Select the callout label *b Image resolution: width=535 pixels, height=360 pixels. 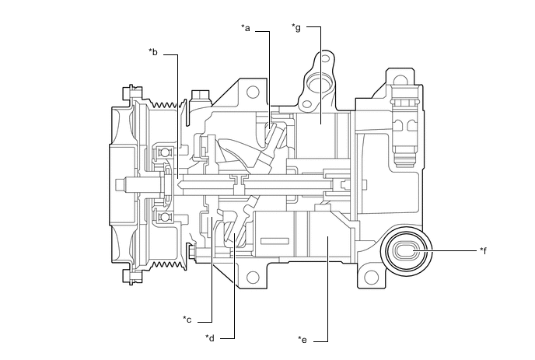[153, 53]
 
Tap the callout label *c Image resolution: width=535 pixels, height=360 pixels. [187, 319]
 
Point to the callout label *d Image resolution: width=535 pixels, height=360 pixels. [210, 337]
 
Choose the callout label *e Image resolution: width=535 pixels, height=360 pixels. [302, 339]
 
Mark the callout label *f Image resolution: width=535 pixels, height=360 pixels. [485, 250]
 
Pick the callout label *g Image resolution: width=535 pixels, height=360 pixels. [295, 28]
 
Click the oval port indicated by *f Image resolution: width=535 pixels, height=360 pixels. [407, 252]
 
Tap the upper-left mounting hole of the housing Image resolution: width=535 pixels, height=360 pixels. [252, 92]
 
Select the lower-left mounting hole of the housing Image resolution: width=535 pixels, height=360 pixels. [251, 277]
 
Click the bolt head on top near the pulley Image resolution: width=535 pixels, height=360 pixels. [198, 96]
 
